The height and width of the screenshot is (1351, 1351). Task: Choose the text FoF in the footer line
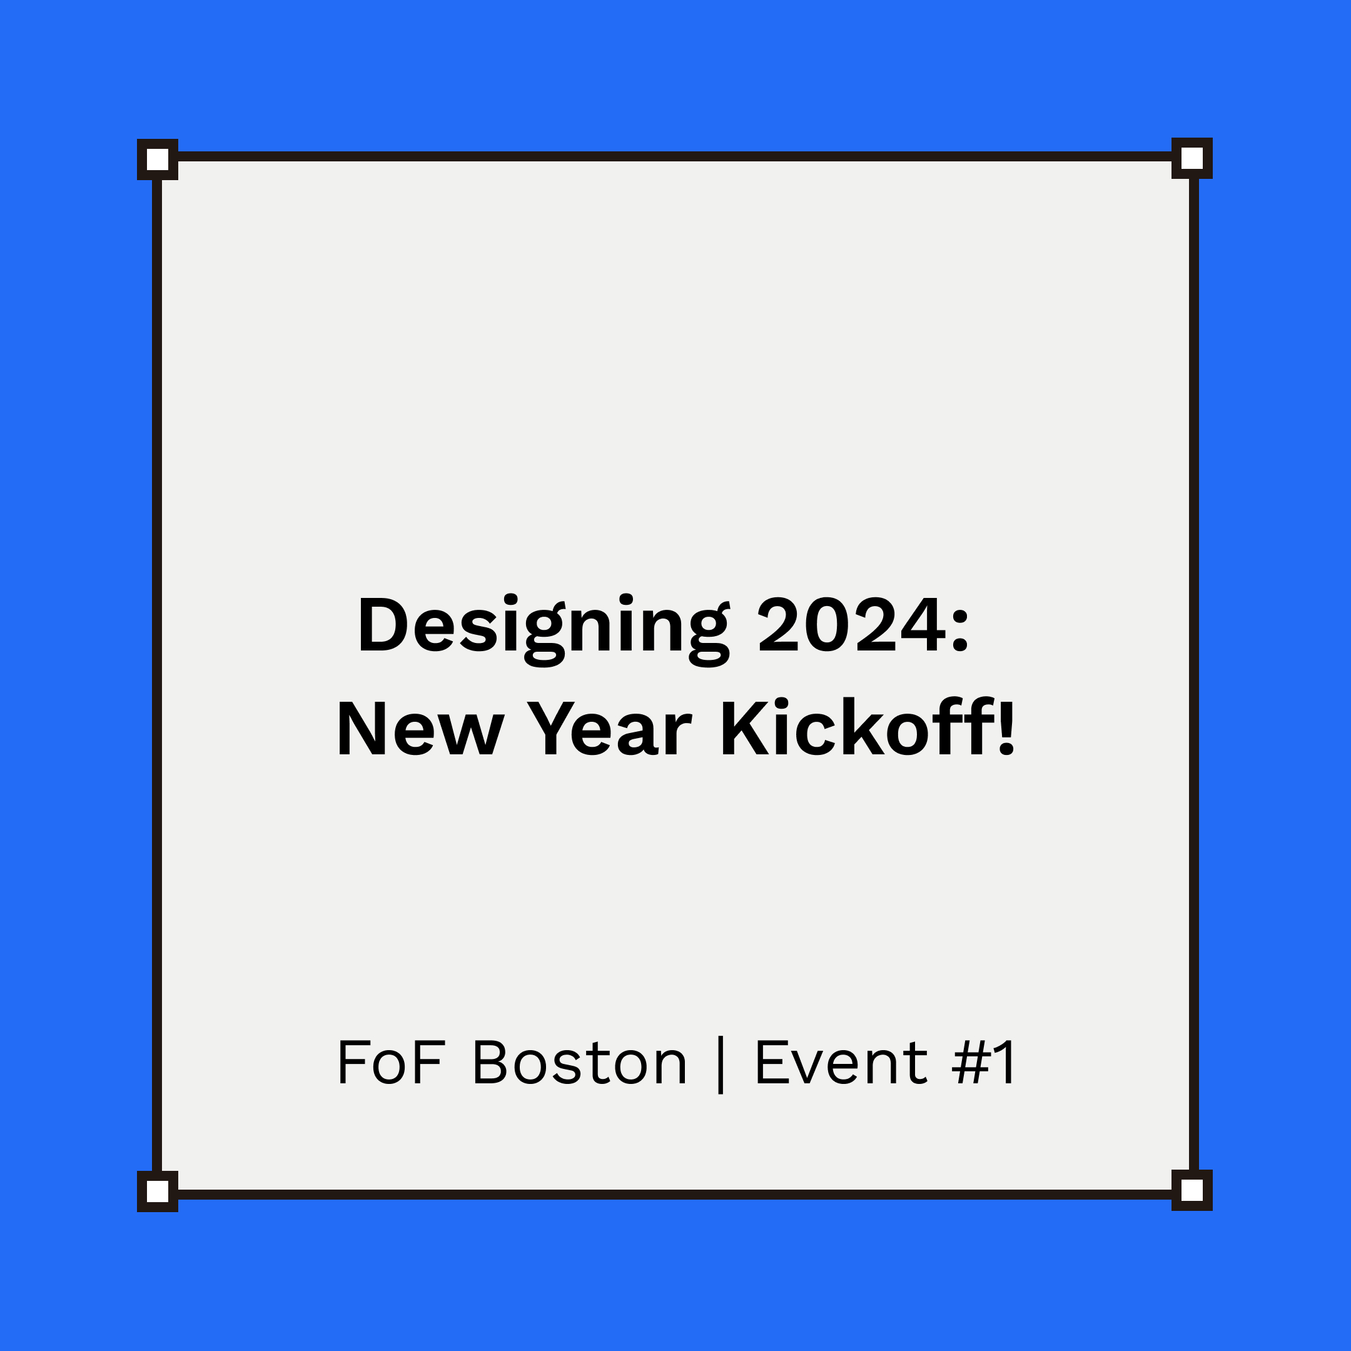pos(390,1063)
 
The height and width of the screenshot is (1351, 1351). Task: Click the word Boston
pos(580,1063)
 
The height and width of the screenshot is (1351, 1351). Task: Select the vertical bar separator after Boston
pos(721,1065)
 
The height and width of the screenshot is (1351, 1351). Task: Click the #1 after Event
pos(983,1063)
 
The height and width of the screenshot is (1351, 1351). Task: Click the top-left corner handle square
pos(158,159)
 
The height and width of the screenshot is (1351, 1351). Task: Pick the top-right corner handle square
pos(1192,158)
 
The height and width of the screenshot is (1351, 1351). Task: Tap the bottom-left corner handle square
pos(158,1192)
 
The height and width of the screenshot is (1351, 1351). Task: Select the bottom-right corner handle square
pos(1192,1190)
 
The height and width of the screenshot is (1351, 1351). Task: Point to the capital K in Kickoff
pos(746,729)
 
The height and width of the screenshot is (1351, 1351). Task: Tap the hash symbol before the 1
pos(969,1063)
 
